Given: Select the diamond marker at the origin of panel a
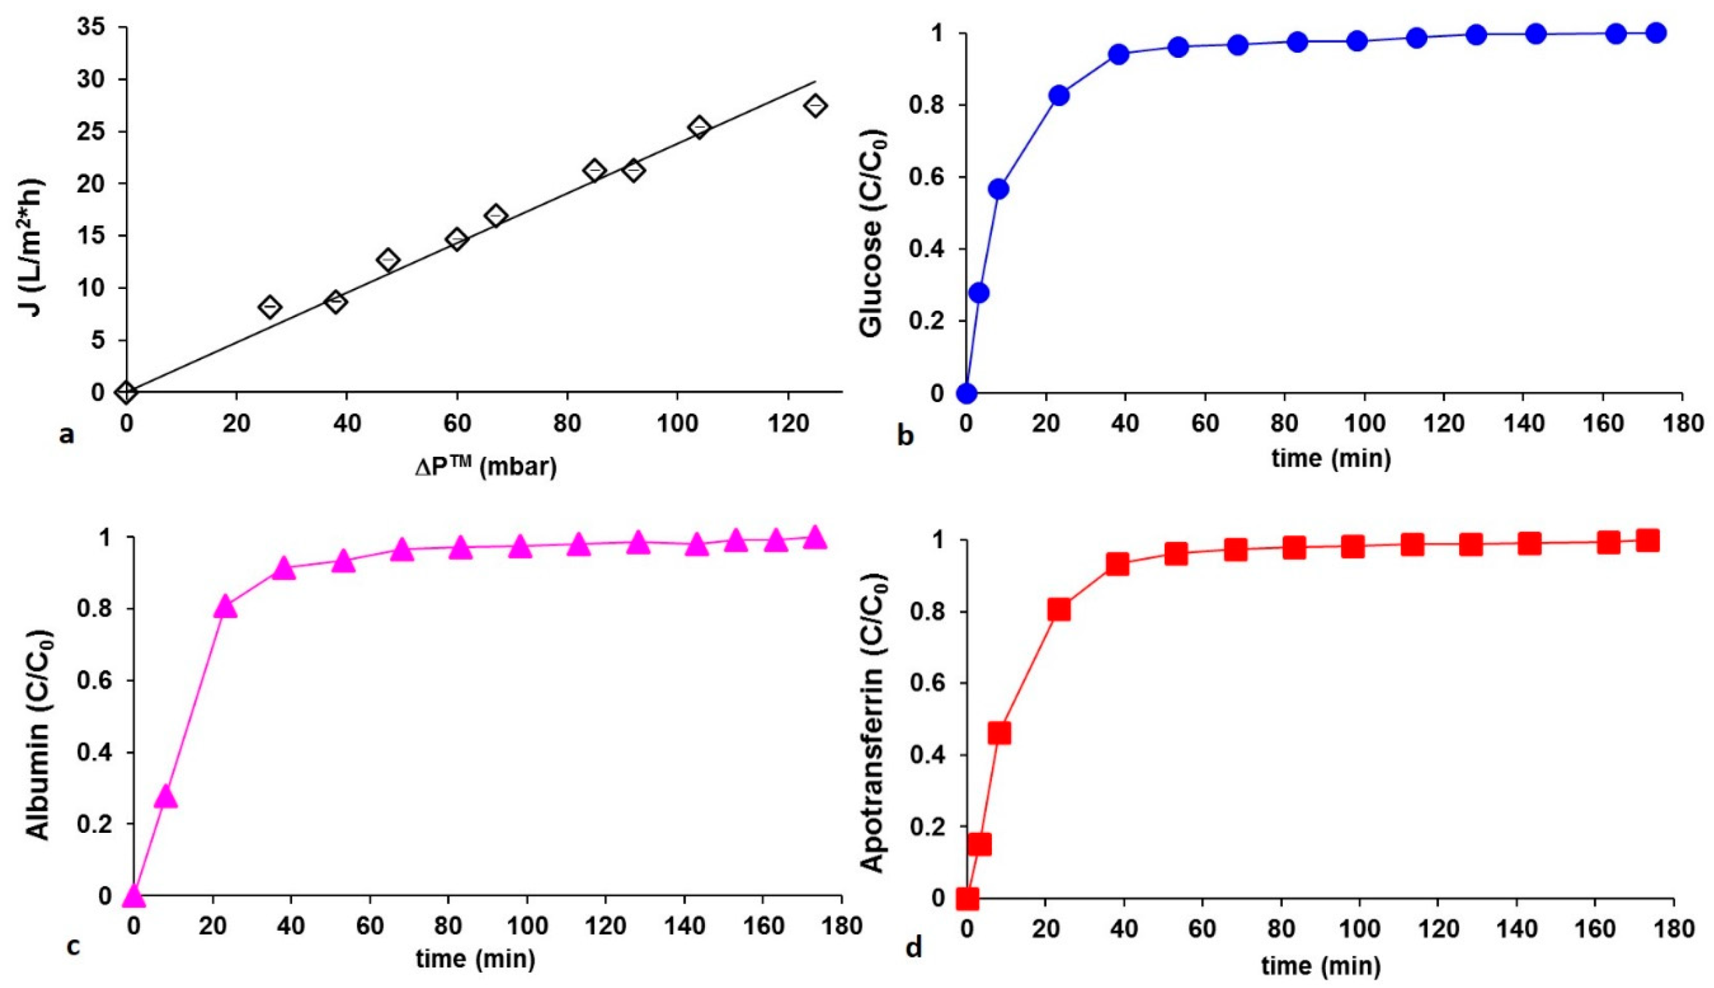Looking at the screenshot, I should (x=127, y=391).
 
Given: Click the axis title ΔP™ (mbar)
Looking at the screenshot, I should (x=486, y=467).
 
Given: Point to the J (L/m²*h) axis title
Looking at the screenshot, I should (x=32, y=247).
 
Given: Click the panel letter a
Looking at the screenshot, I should (x=66, y=433).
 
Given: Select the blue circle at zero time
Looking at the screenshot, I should (x=966, y=393).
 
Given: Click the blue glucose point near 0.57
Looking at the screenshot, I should (x=998, y=188).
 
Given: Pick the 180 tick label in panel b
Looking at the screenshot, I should (x=1682, y=423).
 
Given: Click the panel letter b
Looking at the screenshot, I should (x=905, y=435).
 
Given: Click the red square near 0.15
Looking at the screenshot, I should (x=979, y=844).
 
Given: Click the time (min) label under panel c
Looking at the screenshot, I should (x=475, y=958).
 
